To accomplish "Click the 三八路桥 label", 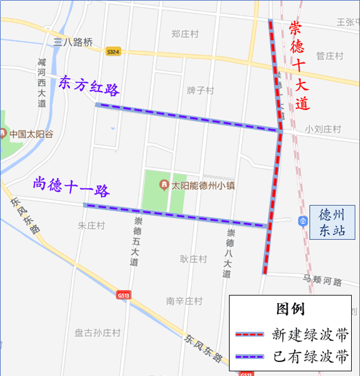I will (73, 42).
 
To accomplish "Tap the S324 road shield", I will (114, 51).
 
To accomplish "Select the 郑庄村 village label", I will (185, 34).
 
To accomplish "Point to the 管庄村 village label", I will (330, 56).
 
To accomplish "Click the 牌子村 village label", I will (200, 91).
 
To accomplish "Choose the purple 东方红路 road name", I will (89, 86).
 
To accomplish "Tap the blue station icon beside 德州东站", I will (302, 221).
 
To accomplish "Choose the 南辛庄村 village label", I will (184, 301).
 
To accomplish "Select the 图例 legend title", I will (290, 308).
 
